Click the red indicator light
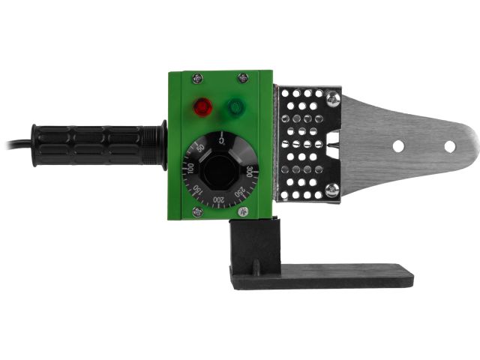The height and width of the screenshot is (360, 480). [x=203, y=107]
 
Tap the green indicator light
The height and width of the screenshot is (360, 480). [x=236, y=107]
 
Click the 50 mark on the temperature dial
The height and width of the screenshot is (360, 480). [x=200, y=148]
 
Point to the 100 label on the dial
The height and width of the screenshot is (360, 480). [x=190, y=169]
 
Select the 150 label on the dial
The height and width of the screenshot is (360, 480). [x=198, y=190]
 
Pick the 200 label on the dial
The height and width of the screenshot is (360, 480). [x=218, y=200]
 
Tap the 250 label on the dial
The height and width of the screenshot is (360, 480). [x=240, y=192]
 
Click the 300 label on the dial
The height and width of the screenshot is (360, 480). [x=249, y=172]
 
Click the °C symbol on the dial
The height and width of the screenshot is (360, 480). [x=222, y=141]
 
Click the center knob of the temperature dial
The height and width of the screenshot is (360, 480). [x=219, y=172]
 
